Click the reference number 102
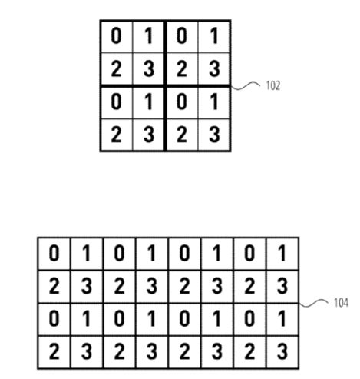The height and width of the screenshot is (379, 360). (273, 85)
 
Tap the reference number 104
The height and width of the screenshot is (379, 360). (341, 303)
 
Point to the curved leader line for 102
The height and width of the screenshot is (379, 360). (246, 86)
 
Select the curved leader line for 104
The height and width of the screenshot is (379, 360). (314, 303)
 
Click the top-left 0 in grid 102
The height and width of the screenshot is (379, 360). (116, 36)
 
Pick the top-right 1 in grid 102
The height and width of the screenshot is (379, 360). (214, 36)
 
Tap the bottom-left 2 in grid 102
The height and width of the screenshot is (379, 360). (116, 135)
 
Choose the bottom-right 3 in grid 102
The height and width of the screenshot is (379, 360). (214, 135)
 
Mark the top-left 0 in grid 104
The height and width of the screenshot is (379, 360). (54, 253)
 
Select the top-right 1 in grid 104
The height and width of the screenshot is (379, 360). (282, 253)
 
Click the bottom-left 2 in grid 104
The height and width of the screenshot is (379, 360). (54, 351)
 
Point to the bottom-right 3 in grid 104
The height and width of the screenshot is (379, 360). (282, 351)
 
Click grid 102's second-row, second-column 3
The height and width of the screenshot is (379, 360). (149, 68)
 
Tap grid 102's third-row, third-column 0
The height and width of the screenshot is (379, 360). (181, 101)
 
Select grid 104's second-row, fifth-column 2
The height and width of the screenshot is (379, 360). (184, 286)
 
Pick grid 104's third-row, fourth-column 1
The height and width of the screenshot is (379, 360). (151, 319)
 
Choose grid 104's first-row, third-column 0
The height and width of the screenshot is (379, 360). (119, 253)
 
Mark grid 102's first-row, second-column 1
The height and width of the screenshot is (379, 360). (148, 36)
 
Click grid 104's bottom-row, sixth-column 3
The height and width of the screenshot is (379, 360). (217, 351)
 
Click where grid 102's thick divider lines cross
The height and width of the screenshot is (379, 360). (165, 85)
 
